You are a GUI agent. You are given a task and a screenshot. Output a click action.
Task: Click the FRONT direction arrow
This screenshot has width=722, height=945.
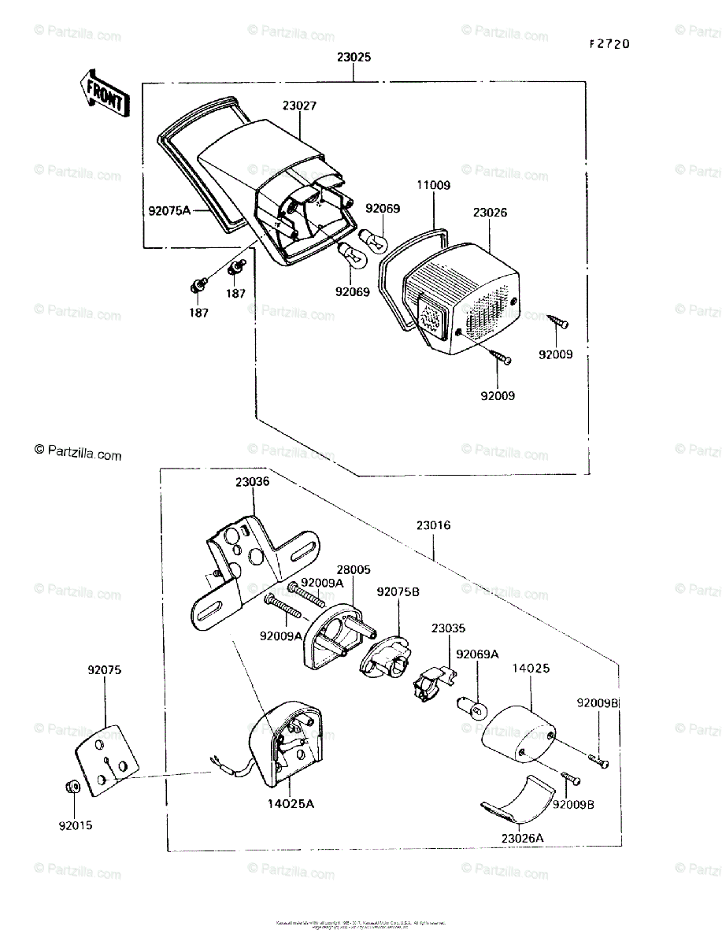(102, 92)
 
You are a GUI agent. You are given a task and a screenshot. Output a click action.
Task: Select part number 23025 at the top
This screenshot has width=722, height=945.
(354, 57)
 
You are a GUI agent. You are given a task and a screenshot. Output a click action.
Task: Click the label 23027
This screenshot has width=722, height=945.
(299, 106)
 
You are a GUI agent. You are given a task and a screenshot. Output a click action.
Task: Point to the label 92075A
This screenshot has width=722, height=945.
(169, 210)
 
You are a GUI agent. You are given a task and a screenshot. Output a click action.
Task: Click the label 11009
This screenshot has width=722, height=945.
(433, 186)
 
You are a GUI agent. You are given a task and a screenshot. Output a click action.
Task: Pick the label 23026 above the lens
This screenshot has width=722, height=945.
(490, 213)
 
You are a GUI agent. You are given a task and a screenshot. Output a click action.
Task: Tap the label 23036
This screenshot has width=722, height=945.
(252, 481)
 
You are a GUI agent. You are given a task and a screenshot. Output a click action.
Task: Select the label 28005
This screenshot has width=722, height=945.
(354, 569)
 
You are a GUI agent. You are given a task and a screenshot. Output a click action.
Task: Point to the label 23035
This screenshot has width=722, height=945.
(447, 628)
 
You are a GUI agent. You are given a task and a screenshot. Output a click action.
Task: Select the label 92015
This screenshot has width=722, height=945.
(75, 826)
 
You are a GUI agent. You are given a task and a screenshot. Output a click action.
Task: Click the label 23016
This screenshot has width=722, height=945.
(433, 525)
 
